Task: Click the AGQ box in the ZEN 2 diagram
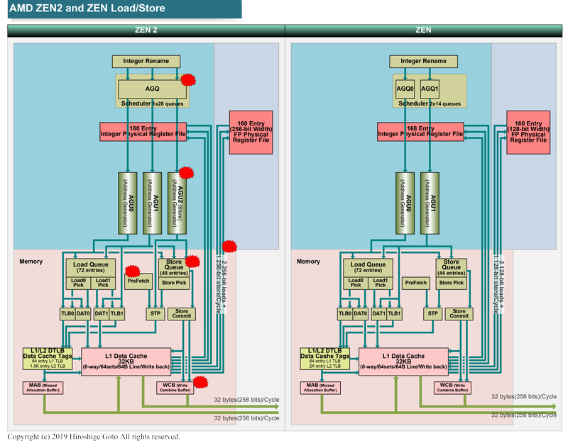152,88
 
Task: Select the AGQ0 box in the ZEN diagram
405,88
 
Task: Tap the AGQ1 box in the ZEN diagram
430,88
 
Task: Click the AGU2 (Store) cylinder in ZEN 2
177,202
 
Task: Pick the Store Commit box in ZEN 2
181,313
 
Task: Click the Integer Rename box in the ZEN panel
425,61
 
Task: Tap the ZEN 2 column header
146,30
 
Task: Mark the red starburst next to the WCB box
200,382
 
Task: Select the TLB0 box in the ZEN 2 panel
67,313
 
